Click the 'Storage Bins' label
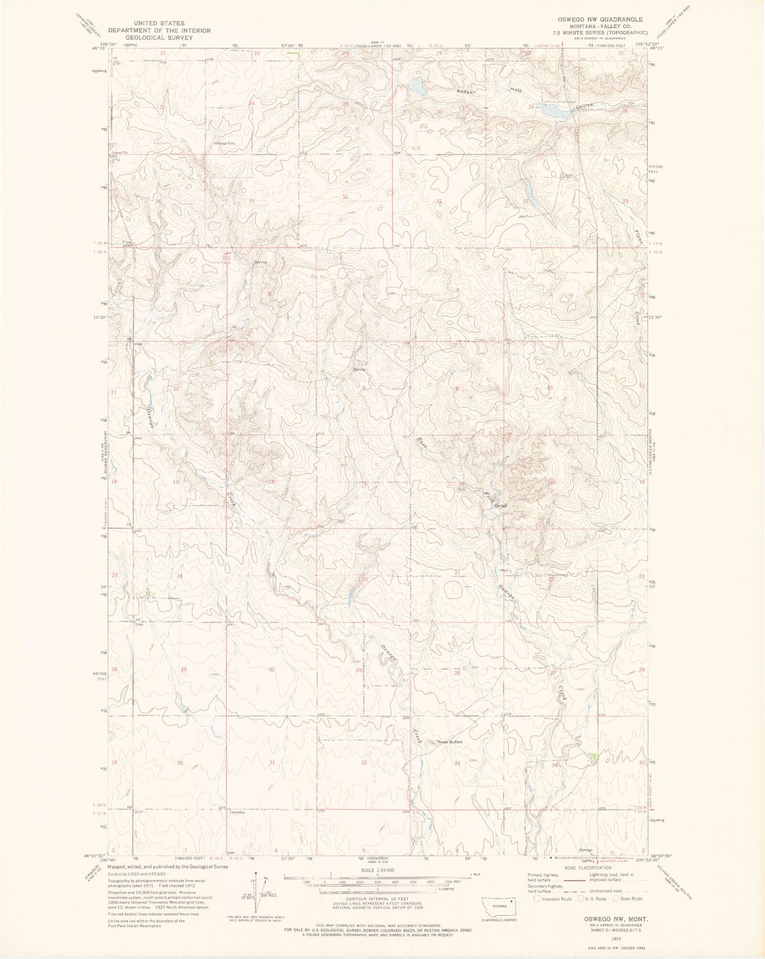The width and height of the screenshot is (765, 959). pyautogui.click(x=224, y=143)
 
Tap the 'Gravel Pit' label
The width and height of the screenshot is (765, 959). pyautogui.click(x=118, y=152)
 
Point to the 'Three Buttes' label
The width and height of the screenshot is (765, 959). pyautogui.click(x=449, y=742)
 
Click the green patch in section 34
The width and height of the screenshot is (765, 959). pyautogui.click(x=593, y=758)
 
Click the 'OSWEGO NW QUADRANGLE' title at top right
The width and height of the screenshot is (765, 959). pyautogui.click(x=600, y=19)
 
